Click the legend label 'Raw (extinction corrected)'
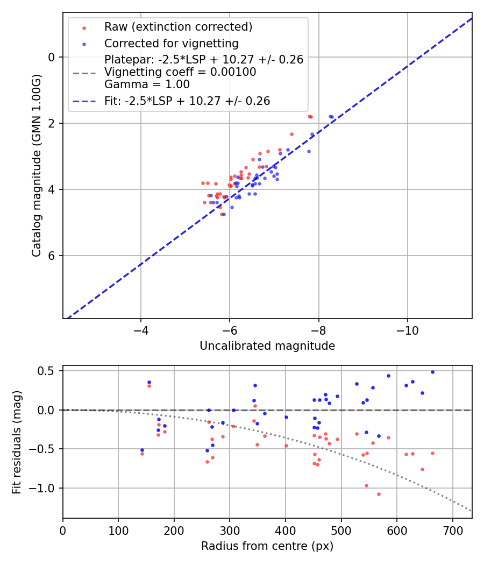tap(178, 27)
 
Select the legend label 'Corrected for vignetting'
tap(171, 43)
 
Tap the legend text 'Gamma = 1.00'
tap(147, 84)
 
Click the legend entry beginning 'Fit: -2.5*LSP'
tap(187, 101)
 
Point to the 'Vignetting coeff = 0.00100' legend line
tap(180, 72)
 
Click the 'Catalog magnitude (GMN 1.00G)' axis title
tap(37, 166)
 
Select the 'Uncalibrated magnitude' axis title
tap(267, 346)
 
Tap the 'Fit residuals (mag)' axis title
tap(17, 442)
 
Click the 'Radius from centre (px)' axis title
tap(267, 546)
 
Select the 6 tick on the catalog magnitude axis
tap(52, 256)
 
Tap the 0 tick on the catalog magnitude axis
tap(52, 57)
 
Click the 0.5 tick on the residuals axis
tap(48, 371)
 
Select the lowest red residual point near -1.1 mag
tap(379, 494)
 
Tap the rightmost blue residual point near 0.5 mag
tap(432, 372)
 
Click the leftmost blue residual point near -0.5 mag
tap(142, 450)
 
